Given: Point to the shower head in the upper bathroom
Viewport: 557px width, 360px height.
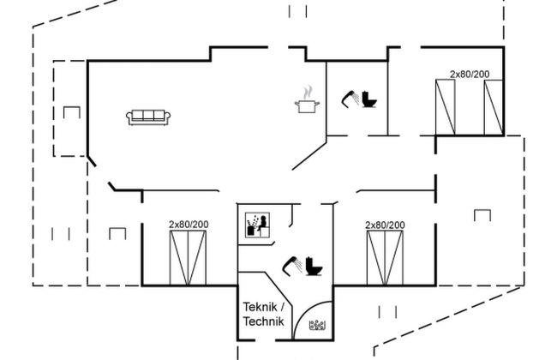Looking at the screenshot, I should click(x=350, y=99).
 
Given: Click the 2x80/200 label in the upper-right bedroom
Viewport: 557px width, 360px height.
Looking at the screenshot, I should click(x=470, y=75).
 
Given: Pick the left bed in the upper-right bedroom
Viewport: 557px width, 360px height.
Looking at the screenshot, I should click(x=446, y=107).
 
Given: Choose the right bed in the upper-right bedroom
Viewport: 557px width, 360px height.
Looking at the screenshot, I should click(x=493, y=107).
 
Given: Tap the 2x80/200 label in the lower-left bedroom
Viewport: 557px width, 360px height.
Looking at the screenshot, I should click(x=188, y=225).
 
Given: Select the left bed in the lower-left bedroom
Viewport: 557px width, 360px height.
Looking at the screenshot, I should click(x=179, y=257).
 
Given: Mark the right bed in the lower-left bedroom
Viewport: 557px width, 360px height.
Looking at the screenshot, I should click(x=198, y=257).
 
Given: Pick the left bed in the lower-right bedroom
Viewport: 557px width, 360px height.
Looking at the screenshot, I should click(x=375, y=257).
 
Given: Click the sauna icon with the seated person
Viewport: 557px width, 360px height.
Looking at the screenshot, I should click(x=257, y=225).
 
